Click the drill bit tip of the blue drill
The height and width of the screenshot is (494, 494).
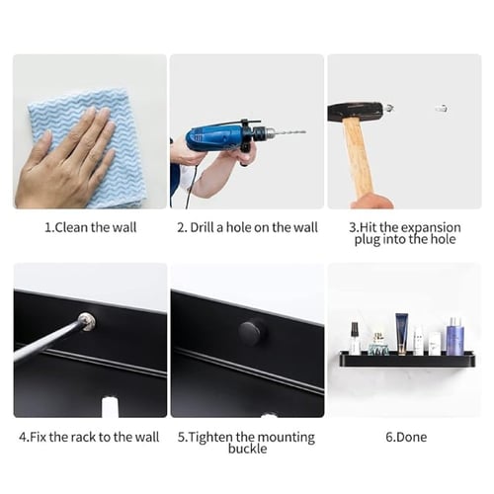pyautogui.click(x=305, y=132)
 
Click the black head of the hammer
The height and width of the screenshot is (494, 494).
pyautogui.click(x=356, y=111)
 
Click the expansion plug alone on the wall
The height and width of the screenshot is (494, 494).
pyautogui.click(x=442, y=108)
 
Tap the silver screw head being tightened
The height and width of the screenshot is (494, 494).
pyautogui.click(x=87, y=321)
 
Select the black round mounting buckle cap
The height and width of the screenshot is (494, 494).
pyautogui.click(x=251, y=333)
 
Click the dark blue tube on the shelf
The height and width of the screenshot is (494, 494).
pyautogui.click(x=402, y=333)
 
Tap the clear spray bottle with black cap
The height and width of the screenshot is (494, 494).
pyautogui.click(x=355, y=338)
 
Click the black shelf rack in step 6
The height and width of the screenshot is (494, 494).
pyautogui.click(x=407, y=360)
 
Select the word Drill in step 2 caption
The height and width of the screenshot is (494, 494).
pyautogui.click(x=202, y=227)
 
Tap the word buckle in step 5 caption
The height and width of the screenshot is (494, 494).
pyautogui.click(x=248, y=449)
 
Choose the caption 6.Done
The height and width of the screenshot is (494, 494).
pyautogui.click(x=406, y=437)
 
